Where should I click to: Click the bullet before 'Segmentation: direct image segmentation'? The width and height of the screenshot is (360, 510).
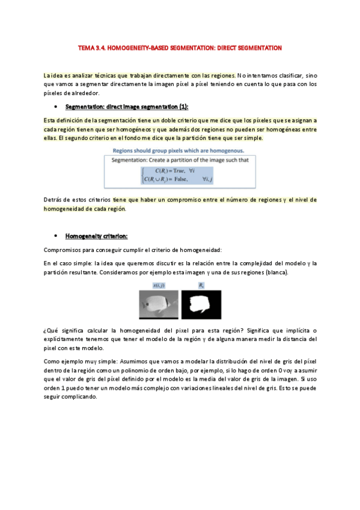55,107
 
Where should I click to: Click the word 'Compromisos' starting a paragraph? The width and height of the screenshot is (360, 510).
62,250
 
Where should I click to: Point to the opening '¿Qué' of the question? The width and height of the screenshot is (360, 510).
51,331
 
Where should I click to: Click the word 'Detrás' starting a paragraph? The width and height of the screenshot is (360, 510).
53,199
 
